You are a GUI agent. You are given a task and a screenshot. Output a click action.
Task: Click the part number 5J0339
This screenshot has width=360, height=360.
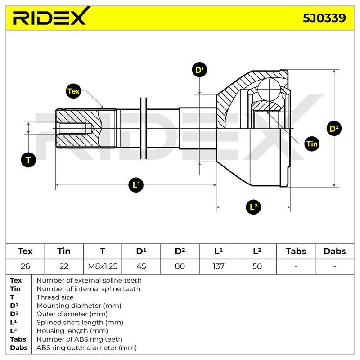(324, 18)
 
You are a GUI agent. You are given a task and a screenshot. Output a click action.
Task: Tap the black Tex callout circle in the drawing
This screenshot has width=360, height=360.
(73, 91)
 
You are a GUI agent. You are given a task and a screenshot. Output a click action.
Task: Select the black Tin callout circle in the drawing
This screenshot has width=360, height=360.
(312, 144)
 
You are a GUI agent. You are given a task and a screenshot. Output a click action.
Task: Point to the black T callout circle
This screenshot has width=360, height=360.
(28, 160)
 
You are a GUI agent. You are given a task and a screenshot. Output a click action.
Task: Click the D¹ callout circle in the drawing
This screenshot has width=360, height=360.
(199, 70)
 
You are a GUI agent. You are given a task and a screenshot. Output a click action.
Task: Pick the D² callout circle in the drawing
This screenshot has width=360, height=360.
(334, 129)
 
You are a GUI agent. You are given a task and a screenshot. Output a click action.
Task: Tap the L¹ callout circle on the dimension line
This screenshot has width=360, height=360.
(136, 185)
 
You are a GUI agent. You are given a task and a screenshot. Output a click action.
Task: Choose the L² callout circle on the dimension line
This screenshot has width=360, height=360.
(253, 207)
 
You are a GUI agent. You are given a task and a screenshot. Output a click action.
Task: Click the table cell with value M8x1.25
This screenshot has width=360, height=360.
(103, 266)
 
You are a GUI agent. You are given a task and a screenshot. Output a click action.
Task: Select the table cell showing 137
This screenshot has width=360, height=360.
(219, 266)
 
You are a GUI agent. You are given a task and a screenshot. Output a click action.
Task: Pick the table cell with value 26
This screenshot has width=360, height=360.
(25, 266)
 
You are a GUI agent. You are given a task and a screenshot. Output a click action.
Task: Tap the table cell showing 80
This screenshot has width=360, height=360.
(180, 266)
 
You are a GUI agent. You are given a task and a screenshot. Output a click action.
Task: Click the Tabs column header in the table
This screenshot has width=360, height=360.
(296, 252)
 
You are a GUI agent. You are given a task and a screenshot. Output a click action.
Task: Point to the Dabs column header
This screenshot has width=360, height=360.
(334, 252)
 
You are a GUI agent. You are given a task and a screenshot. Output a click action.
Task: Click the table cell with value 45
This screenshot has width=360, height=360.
(141, 266)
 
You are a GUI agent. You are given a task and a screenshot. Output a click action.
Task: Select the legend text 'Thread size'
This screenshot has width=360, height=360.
(55, 297)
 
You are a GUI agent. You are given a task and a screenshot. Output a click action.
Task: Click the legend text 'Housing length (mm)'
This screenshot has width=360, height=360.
(72, 331)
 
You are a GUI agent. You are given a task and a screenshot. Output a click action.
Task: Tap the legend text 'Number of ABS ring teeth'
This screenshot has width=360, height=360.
(80, 339)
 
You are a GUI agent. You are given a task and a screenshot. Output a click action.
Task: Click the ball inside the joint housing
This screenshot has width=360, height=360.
(269, 89)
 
